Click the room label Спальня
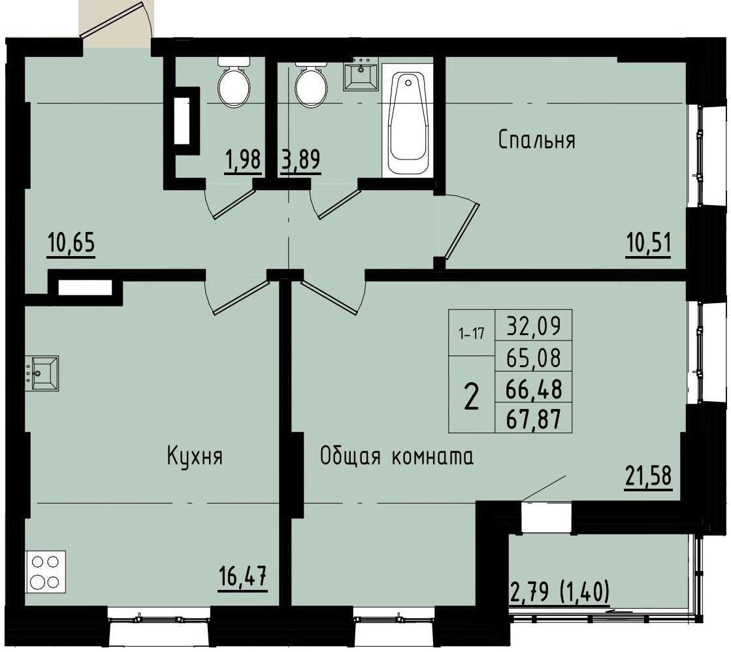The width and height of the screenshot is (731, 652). (536, 140)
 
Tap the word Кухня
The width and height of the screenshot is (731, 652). (195, 456)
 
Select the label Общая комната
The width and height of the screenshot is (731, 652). (397, 456)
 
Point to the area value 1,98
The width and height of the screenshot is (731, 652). (243, 160)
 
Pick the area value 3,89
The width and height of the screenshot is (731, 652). (301, 160)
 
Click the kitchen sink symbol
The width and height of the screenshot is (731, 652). (42, 373)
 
